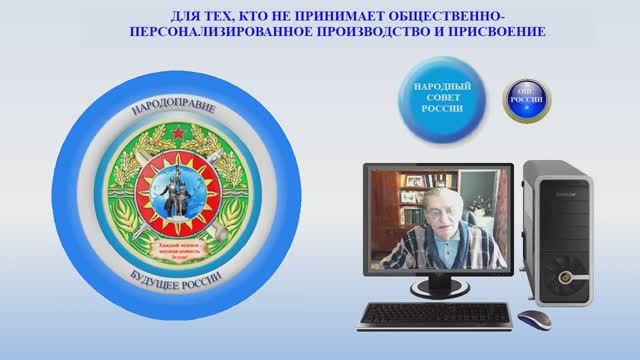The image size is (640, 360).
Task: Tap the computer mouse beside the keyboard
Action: pos(533,319)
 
